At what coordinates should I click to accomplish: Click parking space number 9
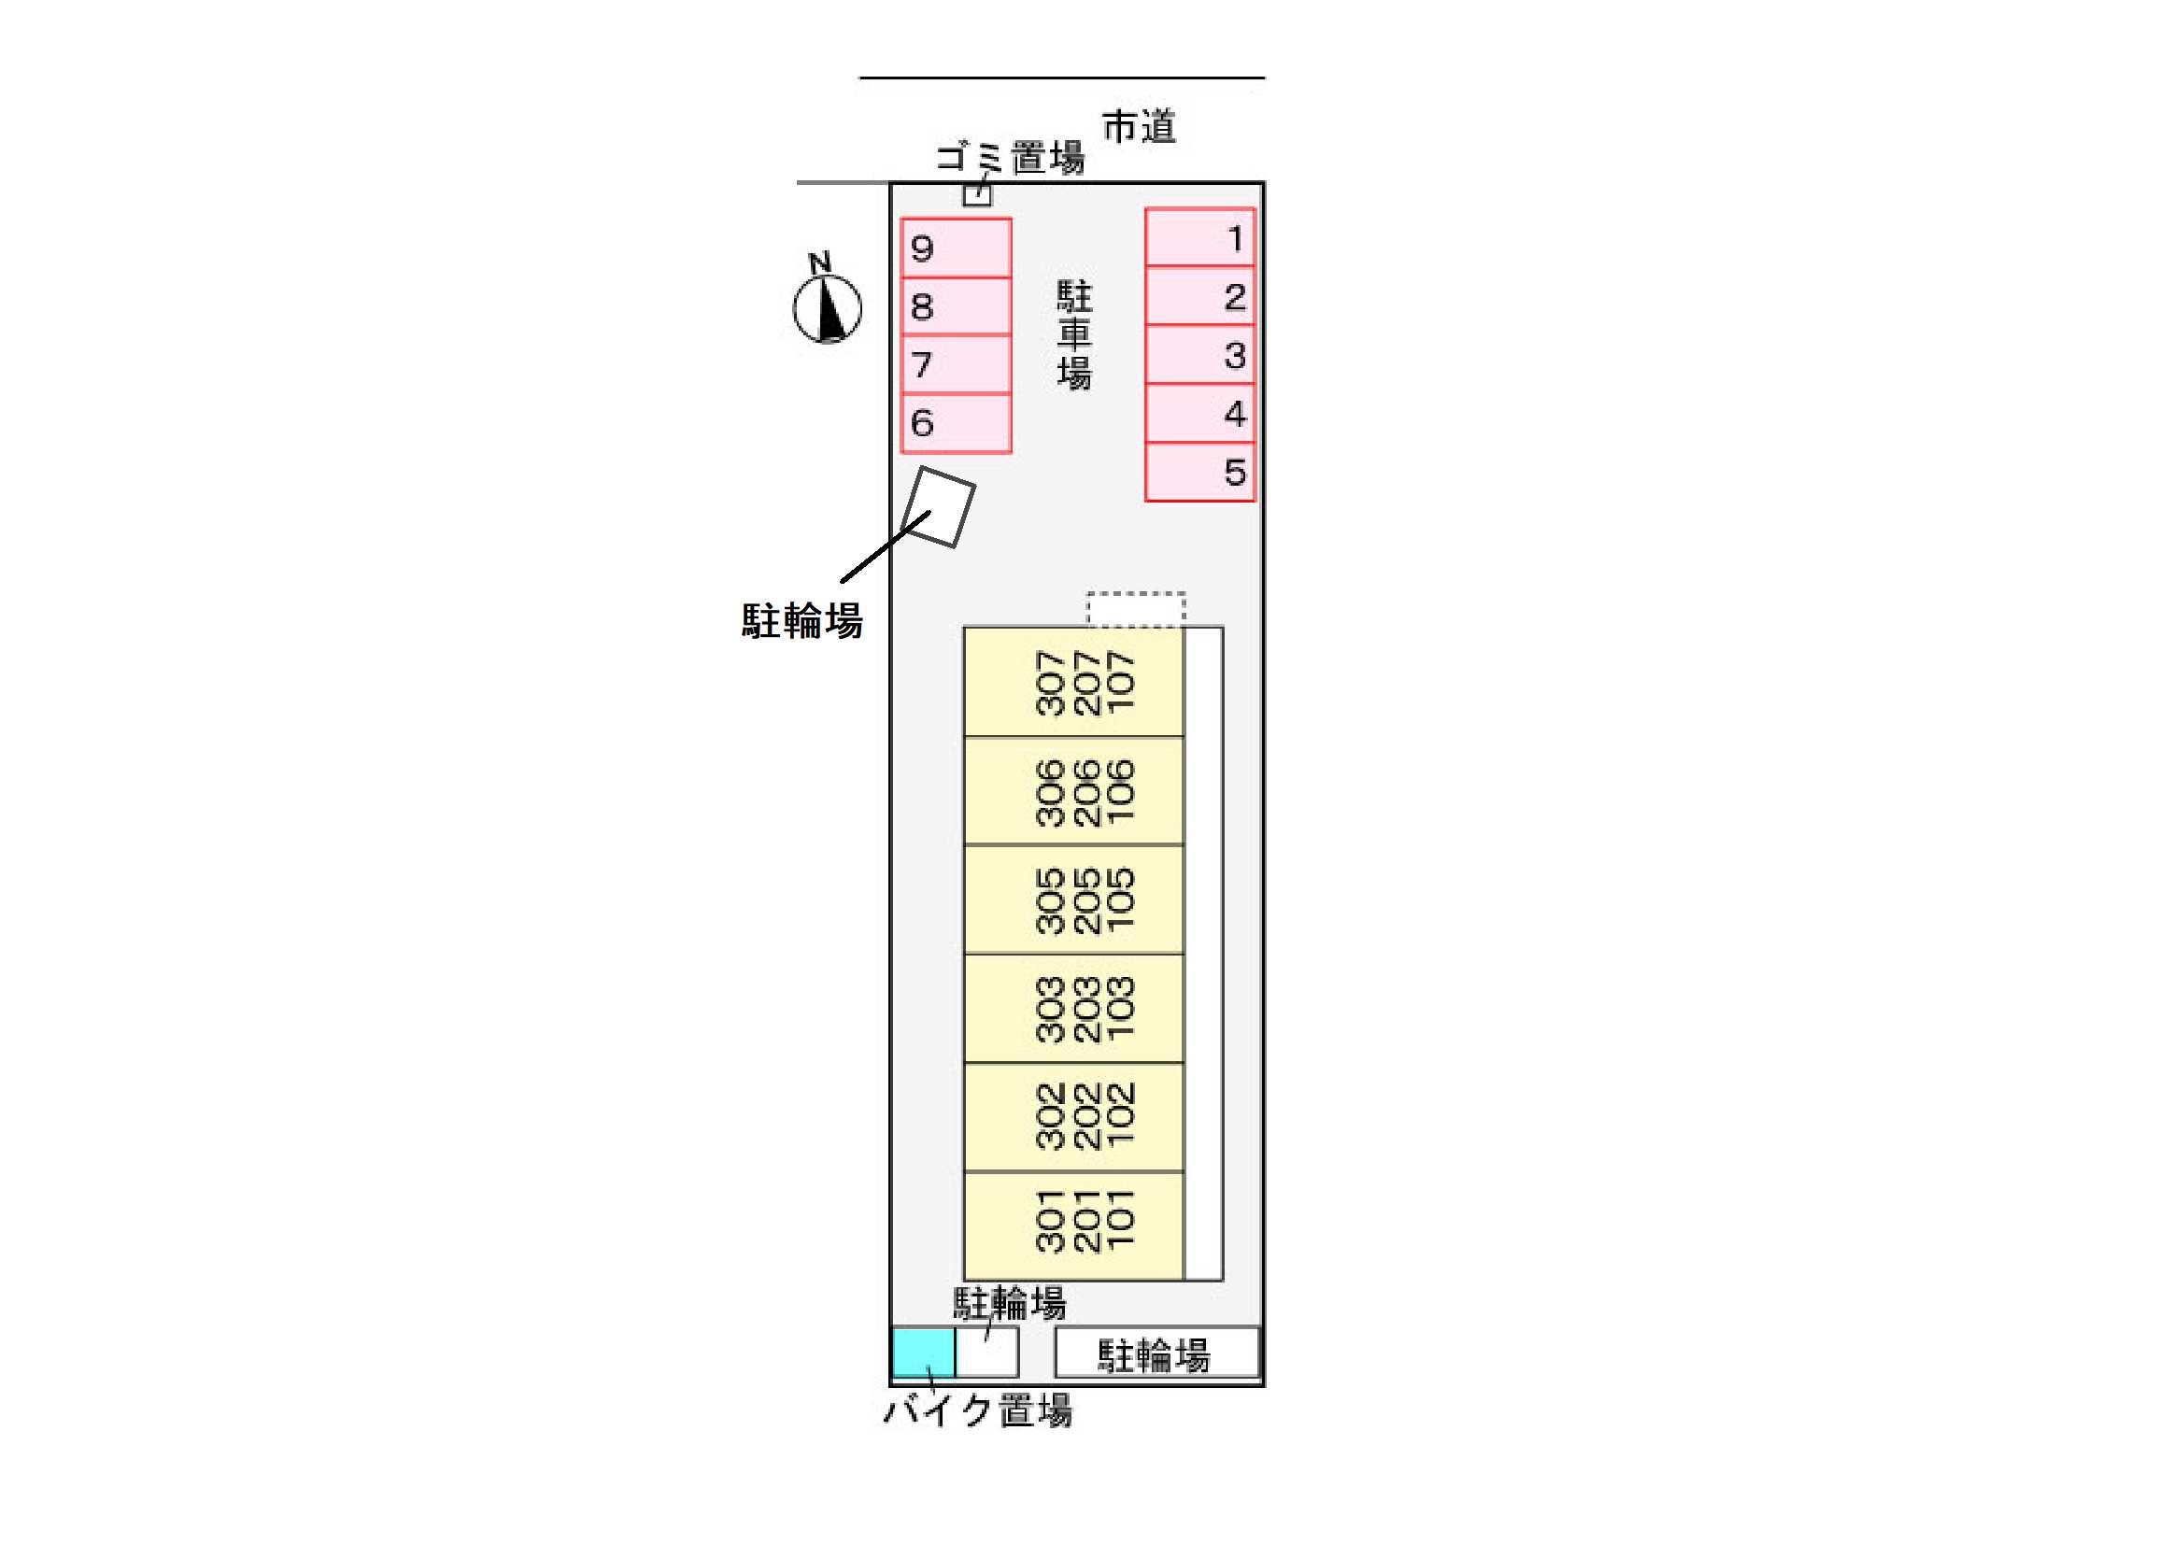click(956, 248)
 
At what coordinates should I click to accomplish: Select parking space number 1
click(1199, 238)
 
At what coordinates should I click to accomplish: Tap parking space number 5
click(1199, 472)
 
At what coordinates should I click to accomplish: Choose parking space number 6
click(956, 423)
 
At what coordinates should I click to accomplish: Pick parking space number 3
click(1199, 355)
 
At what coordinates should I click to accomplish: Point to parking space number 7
click(956, 364)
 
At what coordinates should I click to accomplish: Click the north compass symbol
click(827, 299)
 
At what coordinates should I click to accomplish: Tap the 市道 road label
click(1139, 126)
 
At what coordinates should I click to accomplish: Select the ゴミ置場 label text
click(1010, 157)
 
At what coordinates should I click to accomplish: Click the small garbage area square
click(977, 195)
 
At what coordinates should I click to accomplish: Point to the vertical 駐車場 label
click(1075, 335)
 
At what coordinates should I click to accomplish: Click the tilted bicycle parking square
click(938, 507)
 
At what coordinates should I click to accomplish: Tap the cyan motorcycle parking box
click(924, 1353)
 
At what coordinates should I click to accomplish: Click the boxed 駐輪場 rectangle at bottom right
click(1156, 1352)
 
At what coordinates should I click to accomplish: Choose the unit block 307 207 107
click(1074, 681)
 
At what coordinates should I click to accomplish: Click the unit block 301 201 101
click(1074, 1225)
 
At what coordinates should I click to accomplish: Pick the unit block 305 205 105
click(1074, 899)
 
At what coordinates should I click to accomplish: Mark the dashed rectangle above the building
click(1136, 609)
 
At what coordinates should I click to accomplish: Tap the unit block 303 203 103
click(1074, 1009)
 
